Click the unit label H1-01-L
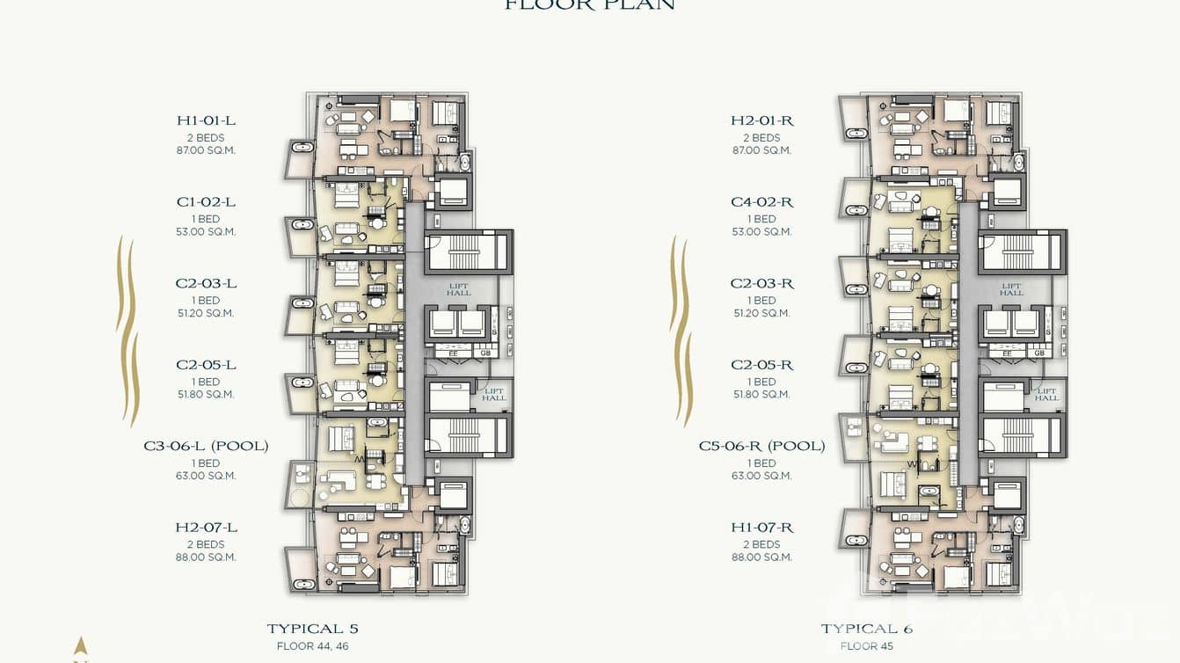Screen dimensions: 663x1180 click(206, 120)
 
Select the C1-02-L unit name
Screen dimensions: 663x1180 click(206, 202)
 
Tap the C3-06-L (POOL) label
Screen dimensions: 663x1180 click(206, 446)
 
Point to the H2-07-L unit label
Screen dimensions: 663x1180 click(206, 528)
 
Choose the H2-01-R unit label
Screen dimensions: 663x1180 click(761, 120)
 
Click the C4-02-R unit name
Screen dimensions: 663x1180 click(761, 202)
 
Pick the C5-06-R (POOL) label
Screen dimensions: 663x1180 click(761, 446)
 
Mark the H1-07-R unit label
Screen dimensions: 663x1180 click(761, 528)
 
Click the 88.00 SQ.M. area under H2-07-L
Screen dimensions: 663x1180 click(206, 557)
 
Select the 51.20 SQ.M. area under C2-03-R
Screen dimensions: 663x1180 click(761, 313)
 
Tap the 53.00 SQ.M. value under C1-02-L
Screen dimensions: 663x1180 click(206, 232)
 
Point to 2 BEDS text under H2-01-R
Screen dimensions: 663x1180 click(761, 138)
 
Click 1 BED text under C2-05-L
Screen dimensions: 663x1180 click(206, 382)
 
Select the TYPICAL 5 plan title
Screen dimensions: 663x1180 click(312, 629)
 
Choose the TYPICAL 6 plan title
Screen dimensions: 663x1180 click(866, 629)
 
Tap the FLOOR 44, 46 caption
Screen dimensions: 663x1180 click(312, 646)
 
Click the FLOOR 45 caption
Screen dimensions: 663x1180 click(866, 646)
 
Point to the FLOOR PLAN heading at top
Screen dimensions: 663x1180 click(589, 5)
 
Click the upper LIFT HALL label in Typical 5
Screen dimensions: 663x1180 click(458, 289)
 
